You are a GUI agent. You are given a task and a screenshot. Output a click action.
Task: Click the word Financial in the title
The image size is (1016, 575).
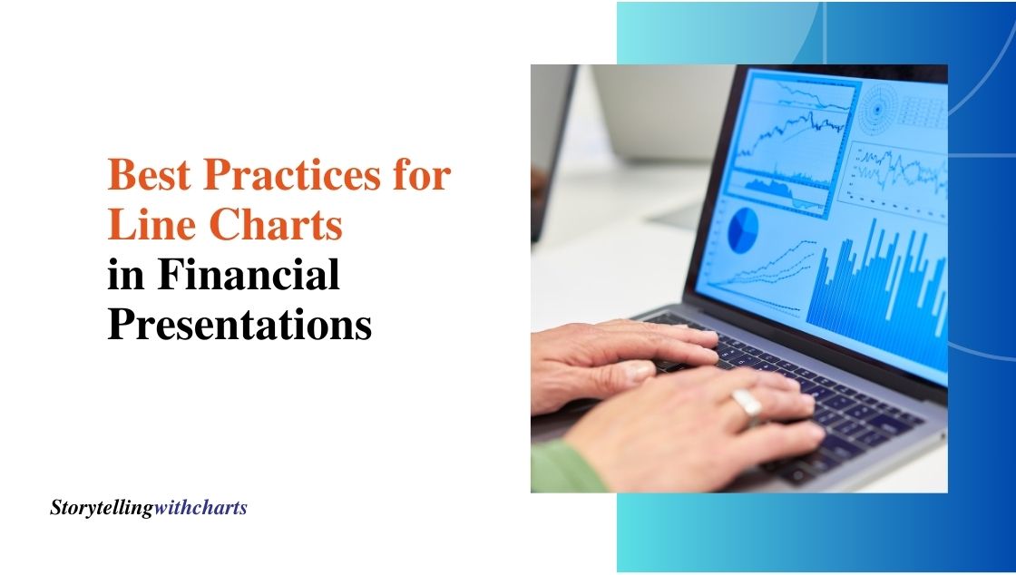[x=249, y=274]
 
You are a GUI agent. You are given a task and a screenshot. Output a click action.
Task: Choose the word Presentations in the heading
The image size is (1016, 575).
[x=239, y=324]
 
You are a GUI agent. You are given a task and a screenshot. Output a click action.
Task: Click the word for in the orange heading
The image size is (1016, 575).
[x=422, y=174]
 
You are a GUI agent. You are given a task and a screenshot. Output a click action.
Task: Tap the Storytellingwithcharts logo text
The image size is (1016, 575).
[x=149, y=508]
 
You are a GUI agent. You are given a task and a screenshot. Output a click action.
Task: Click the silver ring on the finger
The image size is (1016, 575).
[x=747, y=405]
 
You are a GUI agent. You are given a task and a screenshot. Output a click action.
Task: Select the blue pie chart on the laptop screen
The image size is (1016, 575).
[x=743, y=229]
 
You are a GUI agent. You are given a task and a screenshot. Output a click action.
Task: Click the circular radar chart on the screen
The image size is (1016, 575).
[x=878, y=109]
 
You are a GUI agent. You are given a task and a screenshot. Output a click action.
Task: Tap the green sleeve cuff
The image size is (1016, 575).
[x=567, y=466]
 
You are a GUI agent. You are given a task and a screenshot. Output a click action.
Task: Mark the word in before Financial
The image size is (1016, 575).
[x=126, y=274]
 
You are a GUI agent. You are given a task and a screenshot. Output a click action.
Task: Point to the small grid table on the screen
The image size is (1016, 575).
[x=922, y=112]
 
